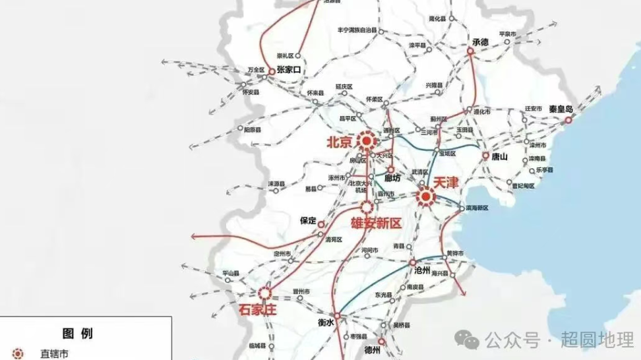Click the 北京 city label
coord(341,142)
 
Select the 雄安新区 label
coord(376,224)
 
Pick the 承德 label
coord(481,42)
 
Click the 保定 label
coord(308,221)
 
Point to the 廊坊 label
coord(393,178)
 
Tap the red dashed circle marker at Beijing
coord(367,140)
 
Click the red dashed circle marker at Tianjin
coord(426,196)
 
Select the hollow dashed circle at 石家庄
coord(265,293)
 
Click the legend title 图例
coord(78,332)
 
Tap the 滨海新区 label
coord(477,208)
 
